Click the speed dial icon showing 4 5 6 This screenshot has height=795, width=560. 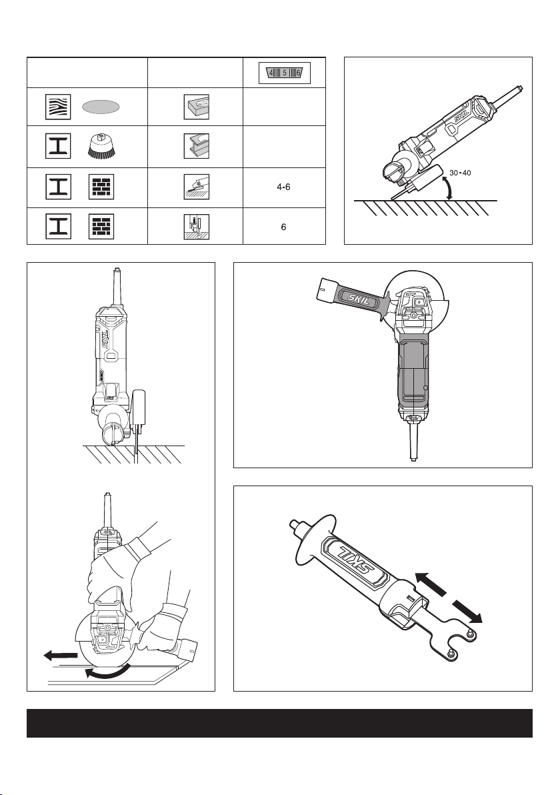[284, 73]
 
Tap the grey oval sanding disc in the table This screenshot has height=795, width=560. [101, 107]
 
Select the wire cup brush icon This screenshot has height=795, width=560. [101, 147]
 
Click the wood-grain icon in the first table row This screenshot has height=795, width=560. [58, 107]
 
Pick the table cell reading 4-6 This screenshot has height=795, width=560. [284, 187]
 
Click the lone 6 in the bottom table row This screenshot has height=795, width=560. [284, 227]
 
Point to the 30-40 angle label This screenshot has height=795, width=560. [460, 173]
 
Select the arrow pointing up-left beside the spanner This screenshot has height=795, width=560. [431, 583]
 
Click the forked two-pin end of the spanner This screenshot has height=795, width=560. [459, 646]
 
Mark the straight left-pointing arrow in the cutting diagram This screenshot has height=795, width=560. [61, 656]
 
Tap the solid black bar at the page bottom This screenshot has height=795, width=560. [280, 723]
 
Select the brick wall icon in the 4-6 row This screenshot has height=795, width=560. [101, 187]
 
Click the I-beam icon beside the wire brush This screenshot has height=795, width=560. [58, 147]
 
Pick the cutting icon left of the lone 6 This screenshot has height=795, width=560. [196, 227]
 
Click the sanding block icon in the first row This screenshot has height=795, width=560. [196, 107]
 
